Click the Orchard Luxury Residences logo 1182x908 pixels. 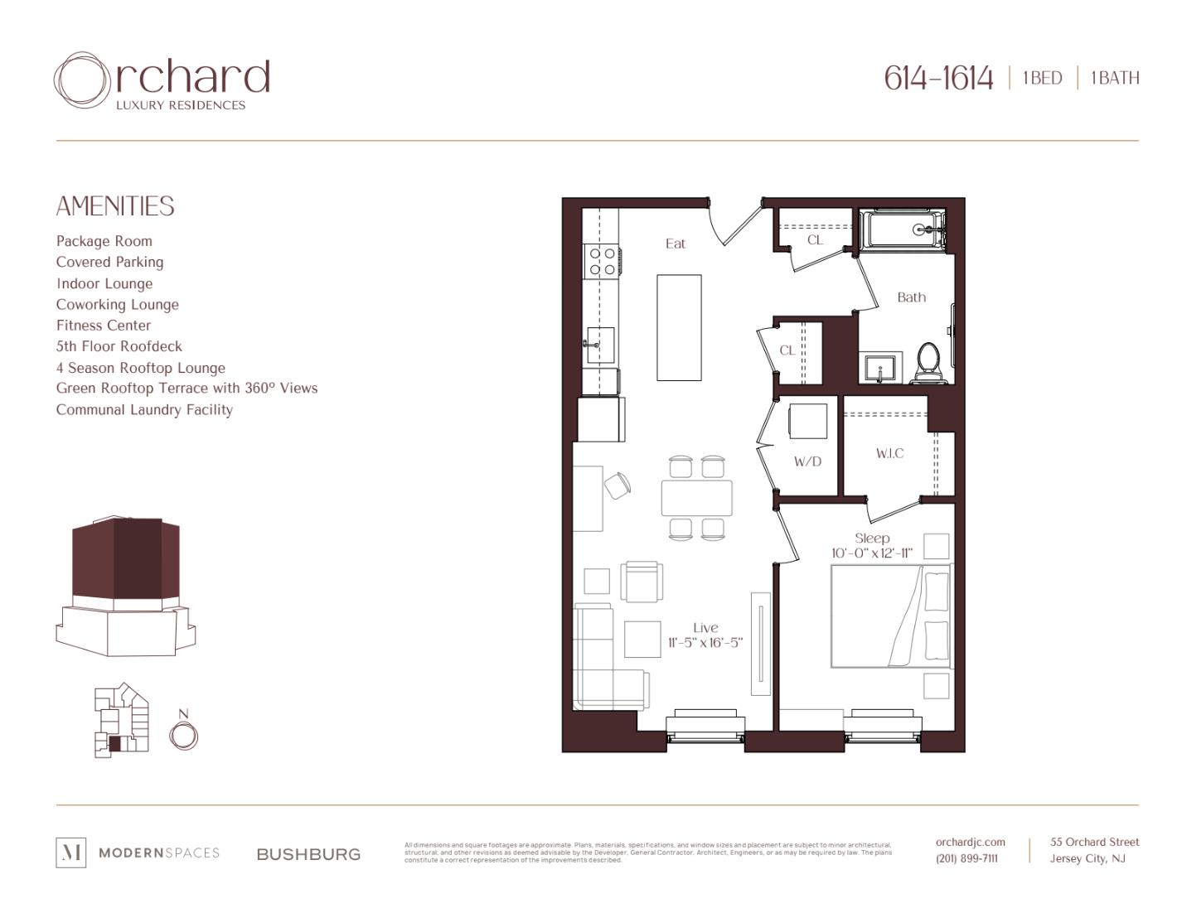pos(162,82)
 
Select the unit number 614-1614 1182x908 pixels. pos(937,79)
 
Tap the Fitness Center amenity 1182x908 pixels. pos(104,326)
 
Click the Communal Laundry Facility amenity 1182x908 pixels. pos(144,410)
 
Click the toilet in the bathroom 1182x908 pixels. pos(928,364)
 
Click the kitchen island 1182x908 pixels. pos(679,327)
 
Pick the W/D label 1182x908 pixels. pos(807,461)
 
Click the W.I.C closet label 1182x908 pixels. pos(889,453)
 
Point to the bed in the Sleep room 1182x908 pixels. pos(891,616)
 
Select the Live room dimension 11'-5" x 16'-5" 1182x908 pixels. pos(705,643)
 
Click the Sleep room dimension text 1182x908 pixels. pos(872,553)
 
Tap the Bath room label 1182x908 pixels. pos(911,297)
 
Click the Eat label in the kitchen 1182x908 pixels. pos(676,244)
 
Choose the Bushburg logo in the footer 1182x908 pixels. pos(308,854)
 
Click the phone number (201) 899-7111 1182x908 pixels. pos(966,859)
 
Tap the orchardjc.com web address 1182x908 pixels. pos(970,843)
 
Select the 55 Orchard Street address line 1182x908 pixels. pos(1094,843)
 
